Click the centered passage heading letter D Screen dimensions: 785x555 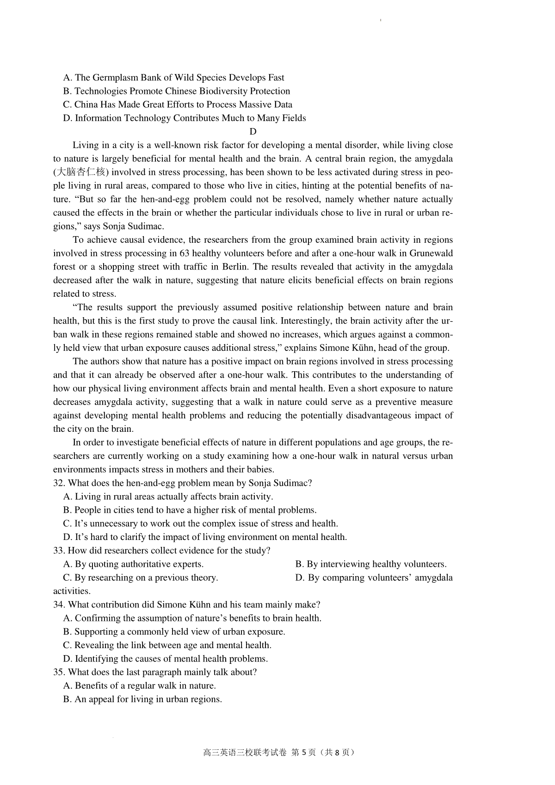click(253, 131)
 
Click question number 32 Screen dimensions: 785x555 click(58, 483)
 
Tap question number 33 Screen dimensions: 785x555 click(58, 551)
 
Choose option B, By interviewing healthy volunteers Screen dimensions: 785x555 click(371, 564)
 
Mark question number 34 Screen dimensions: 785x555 click(58, 605)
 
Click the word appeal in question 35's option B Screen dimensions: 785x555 click(101, 699)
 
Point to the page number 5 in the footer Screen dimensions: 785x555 click(304, 752)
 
